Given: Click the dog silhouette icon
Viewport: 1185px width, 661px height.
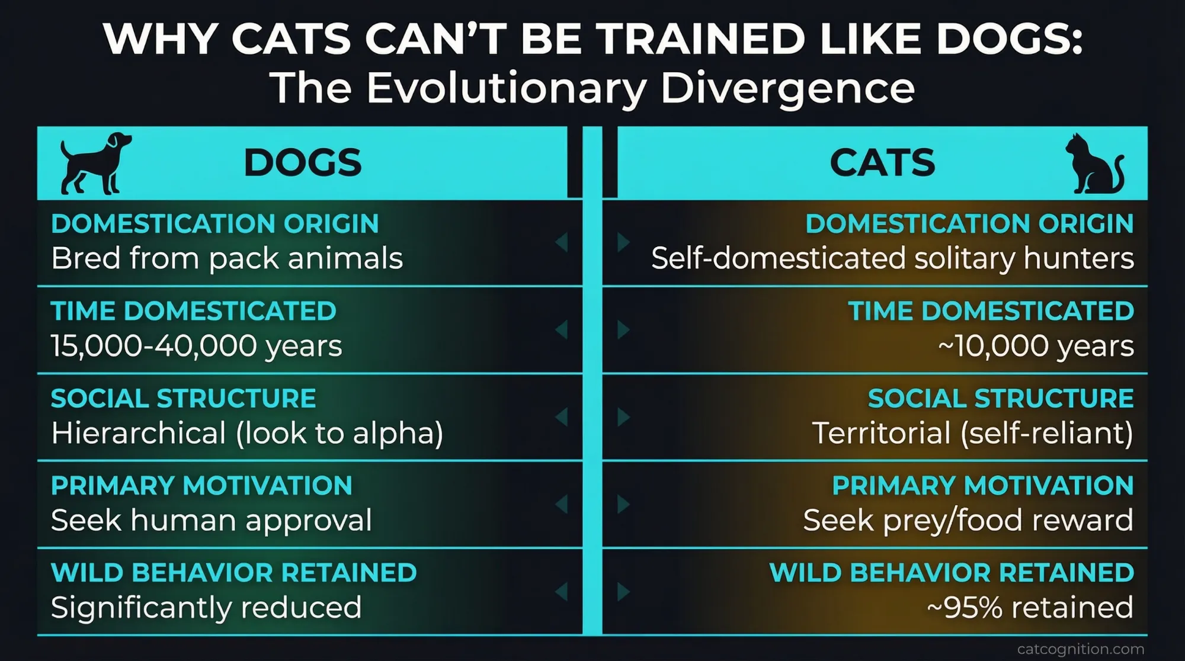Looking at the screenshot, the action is pos(95,163).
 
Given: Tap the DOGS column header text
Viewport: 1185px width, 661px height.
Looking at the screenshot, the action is pos(302,163).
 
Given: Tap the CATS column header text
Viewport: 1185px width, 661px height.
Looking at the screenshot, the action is pos(882,163).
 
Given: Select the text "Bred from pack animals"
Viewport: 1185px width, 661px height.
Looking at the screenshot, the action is pos(227,258).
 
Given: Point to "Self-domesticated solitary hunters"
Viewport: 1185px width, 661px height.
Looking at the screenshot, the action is pos(892,258).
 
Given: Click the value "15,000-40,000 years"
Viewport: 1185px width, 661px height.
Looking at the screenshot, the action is pos(197,346).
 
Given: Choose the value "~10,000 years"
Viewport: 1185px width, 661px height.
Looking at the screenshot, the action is pos(1036,346).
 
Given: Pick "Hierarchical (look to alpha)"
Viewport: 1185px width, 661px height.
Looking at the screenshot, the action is pos(247,433).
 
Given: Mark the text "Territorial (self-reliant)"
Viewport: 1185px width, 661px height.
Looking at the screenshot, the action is pos(972,433).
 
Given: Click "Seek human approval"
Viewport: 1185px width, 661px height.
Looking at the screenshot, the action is pos(212,521).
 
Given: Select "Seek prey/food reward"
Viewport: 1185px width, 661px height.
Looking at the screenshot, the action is pos(968,521).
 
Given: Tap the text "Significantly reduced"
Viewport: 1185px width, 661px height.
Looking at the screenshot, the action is pos(206,608).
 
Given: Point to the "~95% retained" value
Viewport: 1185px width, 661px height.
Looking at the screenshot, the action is pos(1030,608).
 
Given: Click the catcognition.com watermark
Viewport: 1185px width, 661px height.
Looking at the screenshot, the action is pos(1081,649).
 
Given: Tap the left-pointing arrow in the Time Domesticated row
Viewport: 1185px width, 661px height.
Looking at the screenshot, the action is pos(562,330).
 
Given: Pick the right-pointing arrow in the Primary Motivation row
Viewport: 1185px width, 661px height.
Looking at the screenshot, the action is pos(623,505).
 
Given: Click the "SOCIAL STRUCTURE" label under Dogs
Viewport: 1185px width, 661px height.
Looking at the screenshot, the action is pos(184,399).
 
